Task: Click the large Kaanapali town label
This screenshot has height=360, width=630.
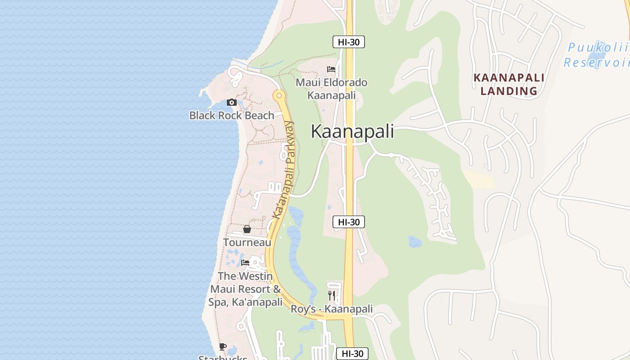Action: point(352,131)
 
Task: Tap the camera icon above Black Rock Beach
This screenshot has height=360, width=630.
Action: point(232,103)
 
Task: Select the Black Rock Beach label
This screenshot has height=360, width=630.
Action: point(232,116)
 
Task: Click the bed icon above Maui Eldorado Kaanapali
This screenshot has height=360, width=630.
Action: point(331,69)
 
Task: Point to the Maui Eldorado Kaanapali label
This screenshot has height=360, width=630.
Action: point(331,89)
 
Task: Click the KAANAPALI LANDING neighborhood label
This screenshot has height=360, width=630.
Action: point(509,84)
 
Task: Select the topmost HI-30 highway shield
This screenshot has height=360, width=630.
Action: point(349,42)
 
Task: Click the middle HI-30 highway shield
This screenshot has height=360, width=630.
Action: point(349,222)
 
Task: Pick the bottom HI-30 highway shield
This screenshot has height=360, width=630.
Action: point(352,354)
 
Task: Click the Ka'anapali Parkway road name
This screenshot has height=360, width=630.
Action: point(283,170)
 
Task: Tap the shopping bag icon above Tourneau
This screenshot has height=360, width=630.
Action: point(247,229)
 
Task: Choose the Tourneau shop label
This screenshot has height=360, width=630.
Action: point(247,243)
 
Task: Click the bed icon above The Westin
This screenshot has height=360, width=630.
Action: point(245,262)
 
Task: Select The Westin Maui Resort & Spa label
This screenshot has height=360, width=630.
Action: point(246,289)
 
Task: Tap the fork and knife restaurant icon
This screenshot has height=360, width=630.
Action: point(332,296)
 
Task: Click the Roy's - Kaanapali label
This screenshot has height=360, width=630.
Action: point(332,309)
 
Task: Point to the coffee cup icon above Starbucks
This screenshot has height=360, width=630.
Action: point(223,346)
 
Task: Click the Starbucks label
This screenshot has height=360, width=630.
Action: point(223,358)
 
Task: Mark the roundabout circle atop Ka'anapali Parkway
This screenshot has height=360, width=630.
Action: point(279,95)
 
